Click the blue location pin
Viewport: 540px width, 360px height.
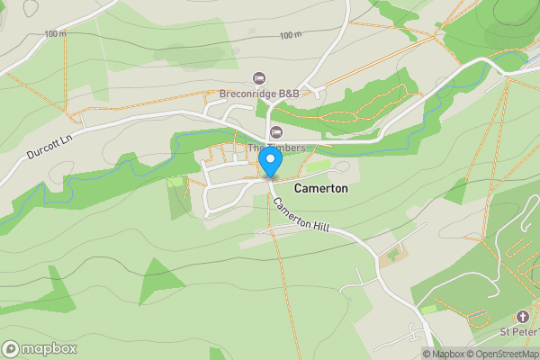click(x=270, y=162)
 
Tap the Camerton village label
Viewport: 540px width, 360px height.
click(x=320, y=190)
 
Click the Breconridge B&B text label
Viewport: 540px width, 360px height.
click(x=259, y=94)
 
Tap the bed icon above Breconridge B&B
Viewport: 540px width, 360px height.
click(x=260, y=78)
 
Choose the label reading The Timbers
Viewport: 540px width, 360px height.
click(x=276, y=148)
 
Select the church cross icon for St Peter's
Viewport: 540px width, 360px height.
click(x=523, y=317)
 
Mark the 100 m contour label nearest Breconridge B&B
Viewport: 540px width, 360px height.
click(x=290, y=35)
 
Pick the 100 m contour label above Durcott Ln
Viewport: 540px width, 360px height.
click(x=55, y=34)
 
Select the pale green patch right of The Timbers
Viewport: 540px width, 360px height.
click(x=317, y=166)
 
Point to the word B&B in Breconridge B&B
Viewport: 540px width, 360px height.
click(x=287, y=94)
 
